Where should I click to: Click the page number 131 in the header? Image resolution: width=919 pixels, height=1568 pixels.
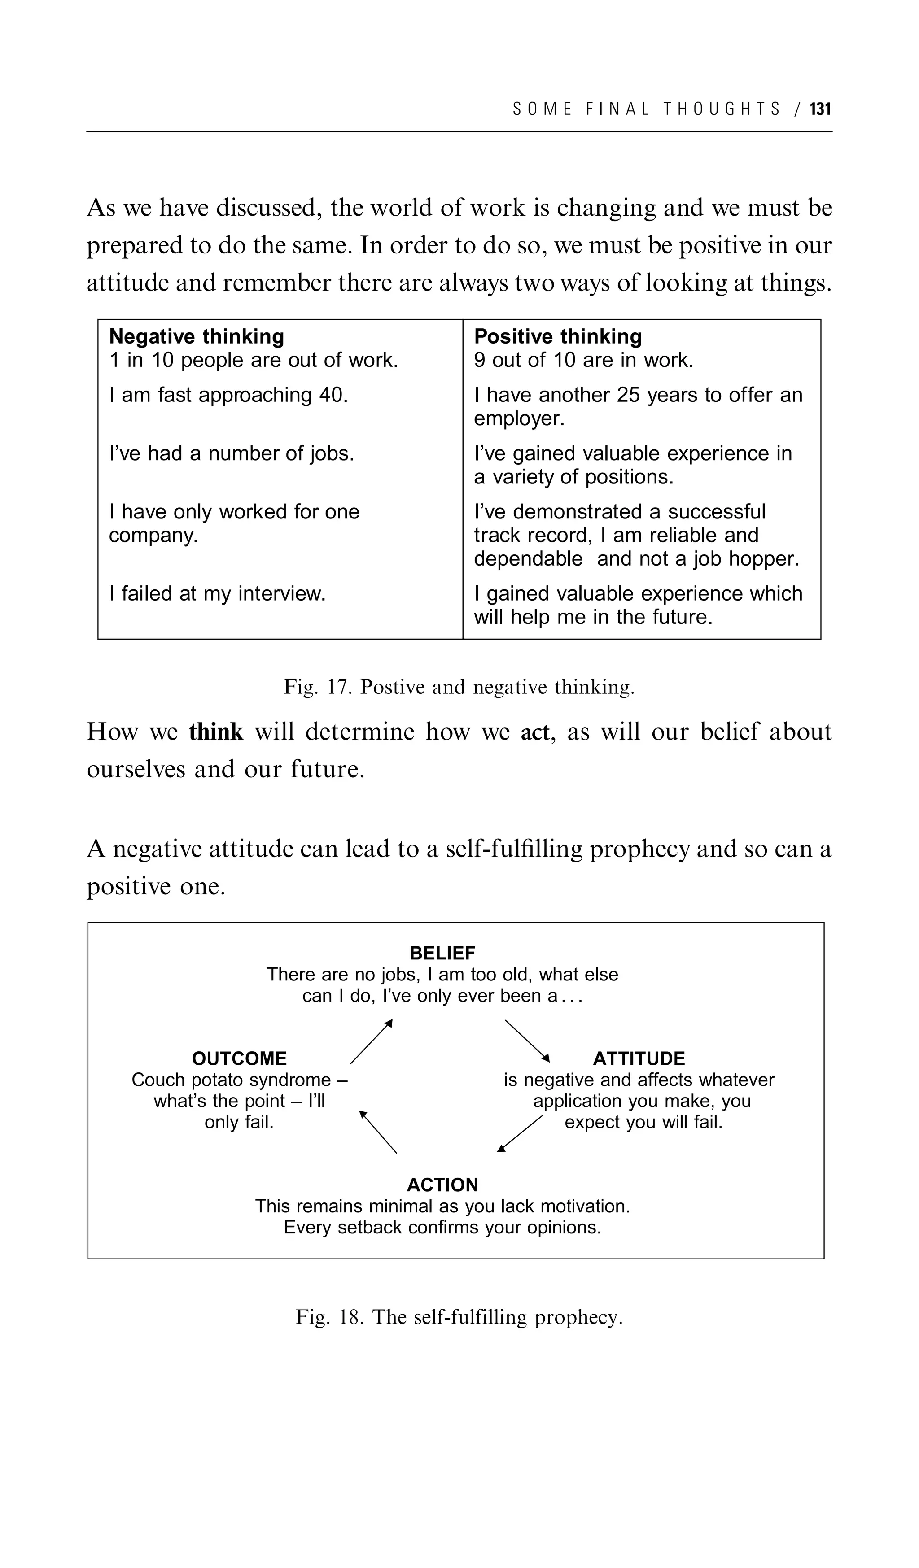[x=821, y=109]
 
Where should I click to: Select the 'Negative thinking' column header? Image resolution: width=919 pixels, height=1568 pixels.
[x=196, y=337]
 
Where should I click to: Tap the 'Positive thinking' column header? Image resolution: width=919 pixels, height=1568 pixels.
[x=557, y=337]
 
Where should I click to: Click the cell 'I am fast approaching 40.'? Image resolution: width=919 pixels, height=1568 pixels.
[x=228, y=395]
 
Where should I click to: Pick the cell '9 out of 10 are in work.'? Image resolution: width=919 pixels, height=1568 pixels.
[x=583, y=360]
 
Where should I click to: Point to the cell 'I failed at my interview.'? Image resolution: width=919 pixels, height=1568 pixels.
[x=217, y=593]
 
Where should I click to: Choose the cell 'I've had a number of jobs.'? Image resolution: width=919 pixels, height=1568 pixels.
[x=232, y=453]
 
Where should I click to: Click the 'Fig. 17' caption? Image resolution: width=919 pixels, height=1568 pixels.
[x=459, y=687]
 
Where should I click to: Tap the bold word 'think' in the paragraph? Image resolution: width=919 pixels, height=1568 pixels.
[x=216, y=732]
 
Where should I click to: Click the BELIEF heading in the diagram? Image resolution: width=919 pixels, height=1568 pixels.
[x=442, y=953]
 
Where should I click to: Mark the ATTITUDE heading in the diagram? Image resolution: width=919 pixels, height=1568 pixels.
[x=639, y=1058]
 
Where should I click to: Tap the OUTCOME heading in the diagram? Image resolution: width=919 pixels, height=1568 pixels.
[x=239, y=1058]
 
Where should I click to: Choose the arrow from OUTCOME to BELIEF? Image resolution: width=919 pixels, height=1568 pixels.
[x=372, y=1041]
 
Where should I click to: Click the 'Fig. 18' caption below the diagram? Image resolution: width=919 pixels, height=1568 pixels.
[x=459, y=1317]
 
